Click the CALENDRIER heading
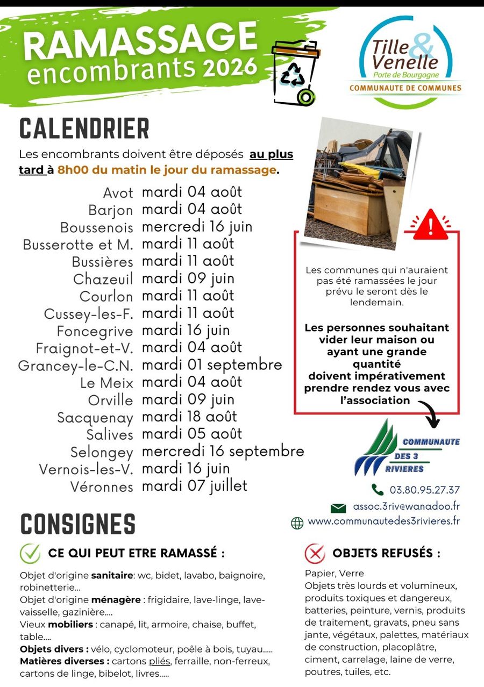coord(84,128)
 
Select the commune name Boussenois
coord(96,227)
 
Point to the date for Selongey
coord(223,451)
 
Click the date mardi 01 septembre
coord(212,365)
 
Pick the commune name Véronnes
coord(102,487)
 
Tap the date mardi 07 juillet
coord(194,486)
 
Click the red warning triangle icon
coord(430,224)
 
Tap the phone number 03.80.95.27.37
coord(424,490)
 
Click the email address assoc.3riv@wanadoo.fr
coord(406,506)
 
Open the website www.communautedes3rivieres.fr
coord(384,521)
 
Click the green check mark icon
coord(30,553)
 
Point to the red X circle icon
coord(315,553)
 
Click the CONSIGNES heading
coord(78,524)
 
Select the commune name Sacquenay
coord(95,418)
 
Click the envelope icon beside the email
coord(338,507)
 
